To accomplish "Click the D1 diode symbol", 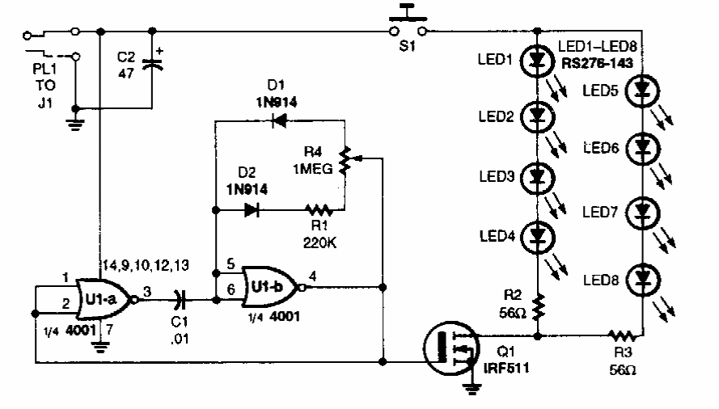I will pos(280,123).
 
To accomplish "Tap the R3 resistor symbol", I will pos(621,334).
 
